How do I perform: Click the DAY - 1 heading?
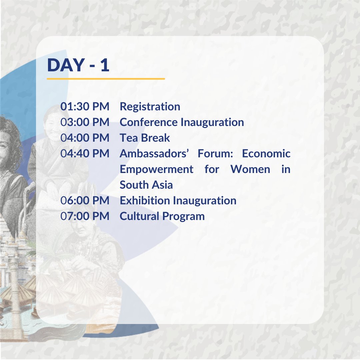78,65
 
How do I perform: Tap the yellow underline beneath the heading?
106,79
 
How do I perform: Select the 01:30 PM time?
85,107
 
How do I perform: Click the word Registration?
150,107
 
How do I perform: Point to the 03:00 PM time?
85,122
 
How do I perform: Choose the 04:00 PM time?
85,138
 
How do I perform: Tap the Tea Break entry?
145,138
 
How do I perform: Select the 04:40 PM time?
85,154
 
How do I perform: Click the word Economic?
266,154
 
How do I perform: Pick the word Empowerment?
156,169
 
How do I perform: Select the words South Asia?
146,185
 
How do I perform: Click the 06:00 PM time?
85,201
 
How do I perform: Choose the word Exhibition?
145,201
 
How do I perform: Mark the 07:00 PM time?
85,216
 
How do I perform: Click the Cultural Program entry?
162,216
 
